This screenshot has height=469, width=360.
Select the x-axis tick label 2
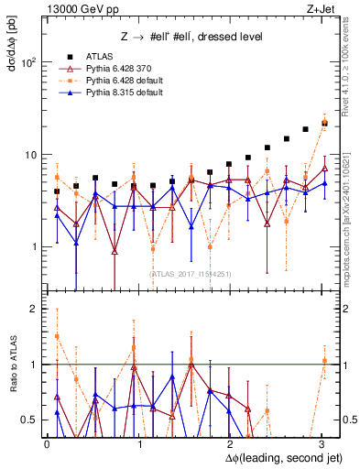pos(229,442)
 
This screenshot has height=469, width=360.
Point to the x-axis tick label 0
pos(48,442)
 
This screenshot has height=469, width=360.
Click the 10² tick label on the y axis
pos(29,63)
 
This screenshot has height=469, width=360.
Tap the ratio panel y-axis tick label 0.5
pos(29,420)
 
